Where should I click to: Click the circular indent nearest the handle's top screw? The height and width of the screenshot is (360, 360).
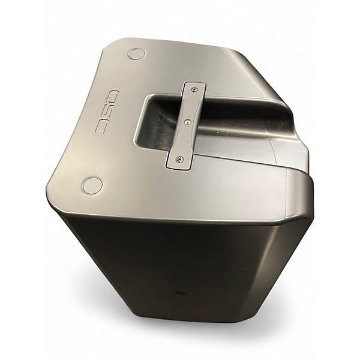(x=137, y=54)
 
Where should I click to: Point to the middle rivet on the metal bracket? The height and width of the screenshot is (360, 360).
(x=188, y=122)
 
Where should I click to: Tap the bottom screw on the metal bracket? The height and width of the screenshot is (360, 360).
(x=179, y=159)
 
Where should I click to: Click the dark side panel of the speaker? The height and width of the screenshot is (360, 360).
(x=180, y=264)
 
